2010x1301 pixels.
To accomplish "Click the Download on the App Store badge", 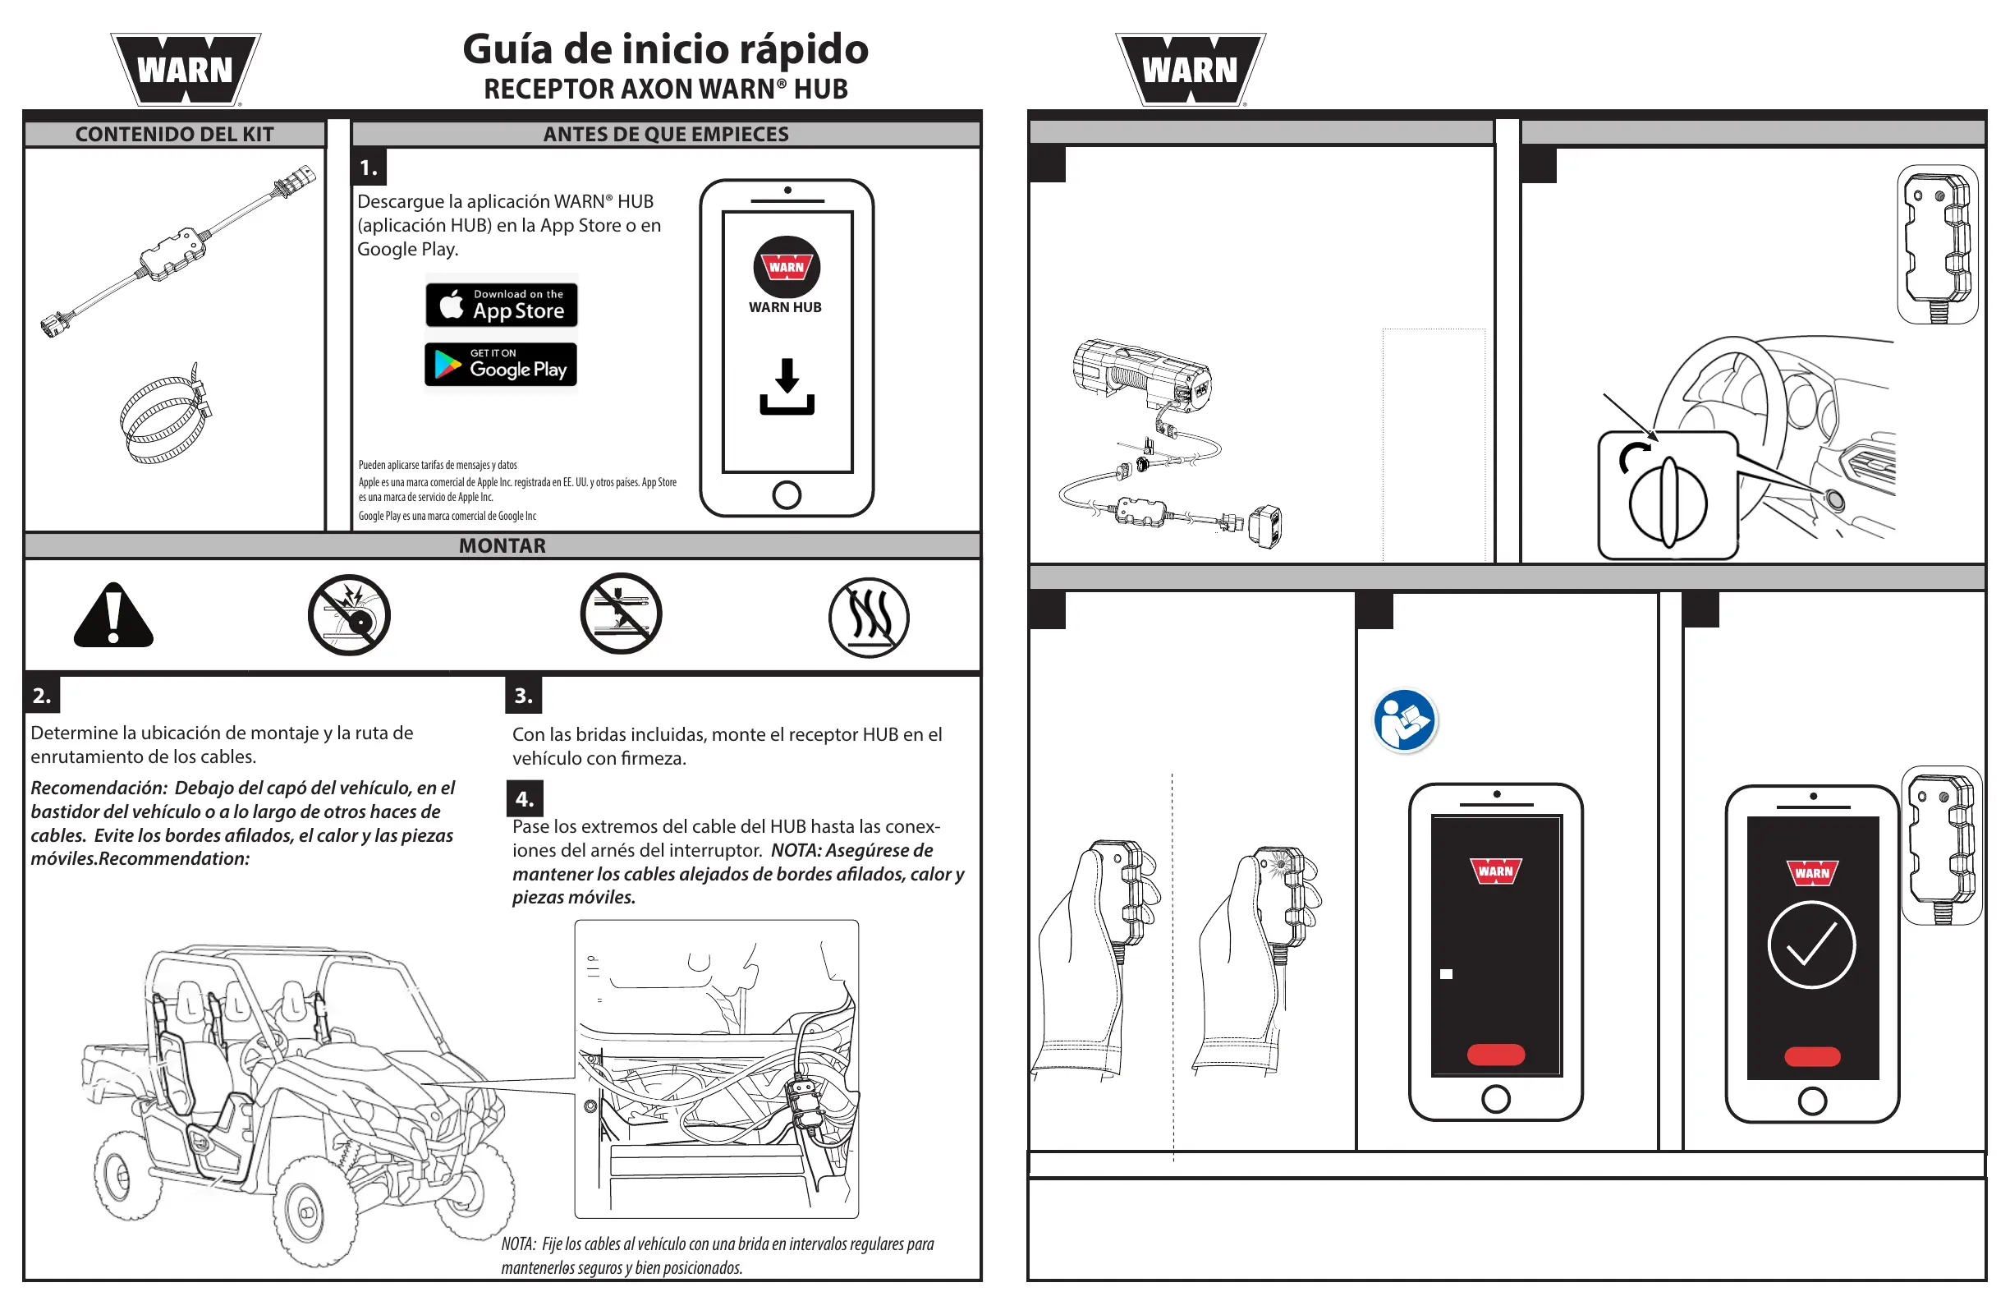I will tap(502, 305).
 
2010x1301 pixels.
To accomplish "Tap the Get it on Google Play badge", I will tap(501, 365).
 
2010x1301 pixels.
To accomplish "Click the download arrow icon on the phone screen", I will tap(787, 387).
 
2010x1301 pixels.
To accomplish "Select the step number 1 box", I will tap(369, 168).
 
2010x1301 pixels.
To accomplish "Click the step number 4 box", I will tap(525, 798).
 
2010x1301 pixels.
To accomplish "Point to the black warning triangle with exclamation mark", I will tap(113, 617).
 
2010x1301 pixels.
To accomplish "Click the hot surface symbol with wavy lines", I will tap(868, 618).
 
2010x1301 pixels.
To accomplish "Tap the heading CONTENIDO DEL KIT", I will tap(174, 135).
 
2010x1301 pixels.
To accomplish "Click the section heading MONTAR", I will tap(502, 545).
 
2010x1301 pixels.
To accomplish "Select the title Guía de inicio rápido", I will tap(666, 49).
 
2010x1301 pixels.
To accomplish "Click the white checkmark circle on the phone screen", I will tap(1810, 945).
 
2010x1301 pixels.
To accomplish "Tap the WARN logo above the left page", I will tap(185, 70).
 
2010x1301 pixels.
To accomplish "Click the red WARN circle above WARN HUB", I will tap(787, 267).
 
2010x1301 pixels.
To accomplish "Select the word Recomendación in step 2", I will tap(99, 788).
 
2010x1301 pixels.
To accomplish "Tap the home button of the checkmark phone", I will tap(1812, 1101).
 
